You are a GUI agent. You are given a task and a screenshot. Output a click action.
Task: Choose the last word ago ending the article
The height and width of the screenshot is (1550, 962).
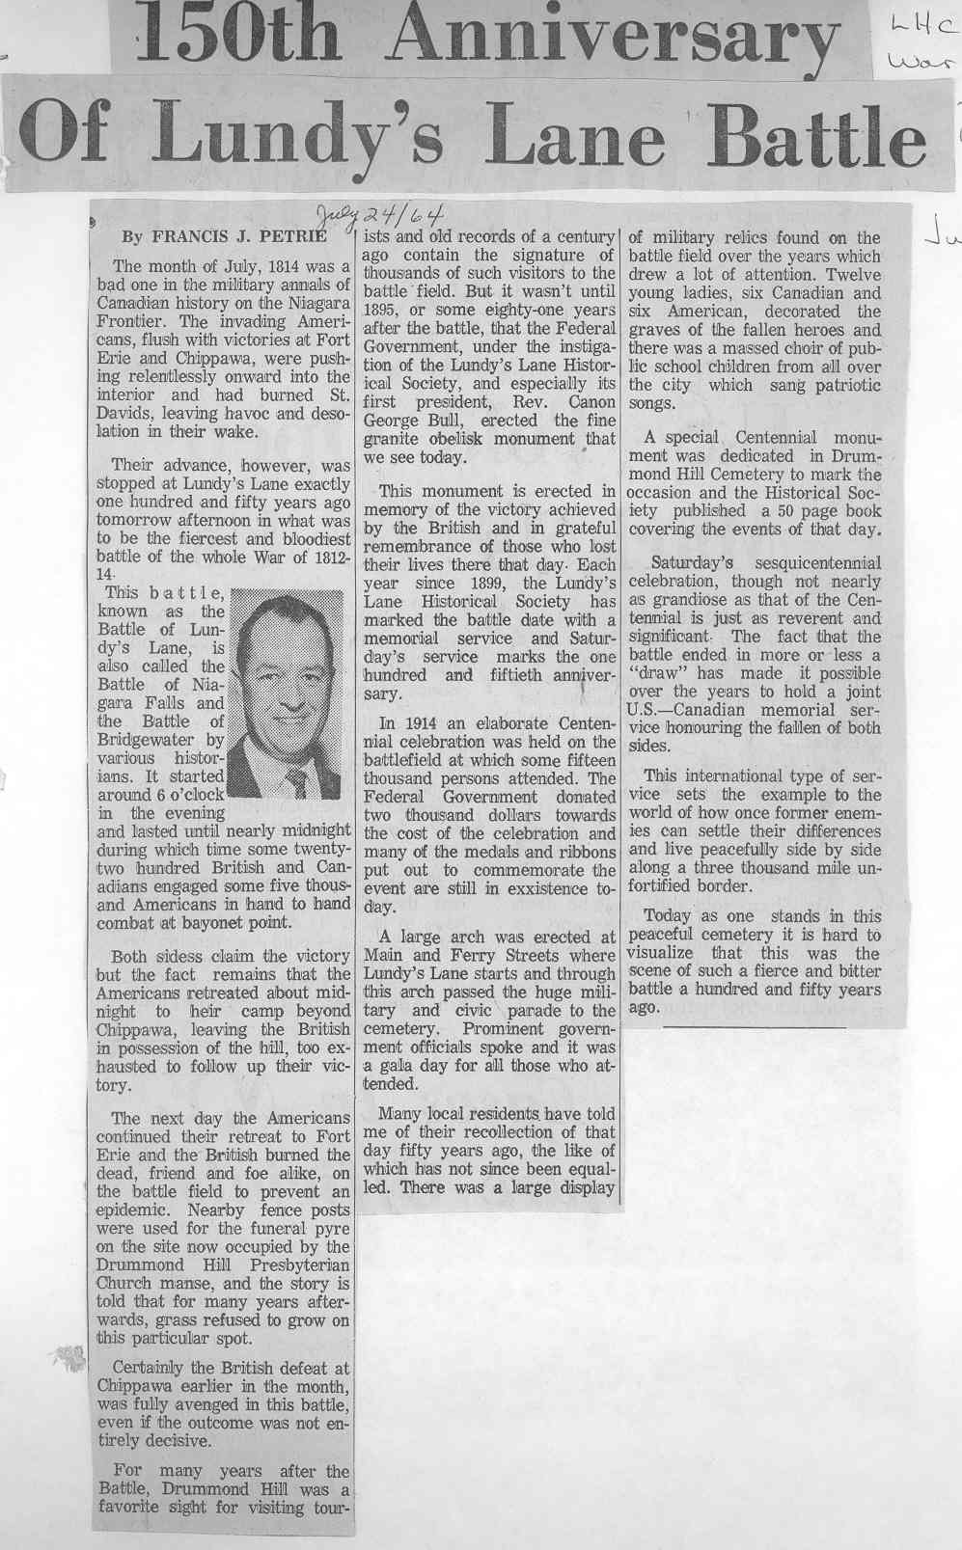[x=643, y=1007]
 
